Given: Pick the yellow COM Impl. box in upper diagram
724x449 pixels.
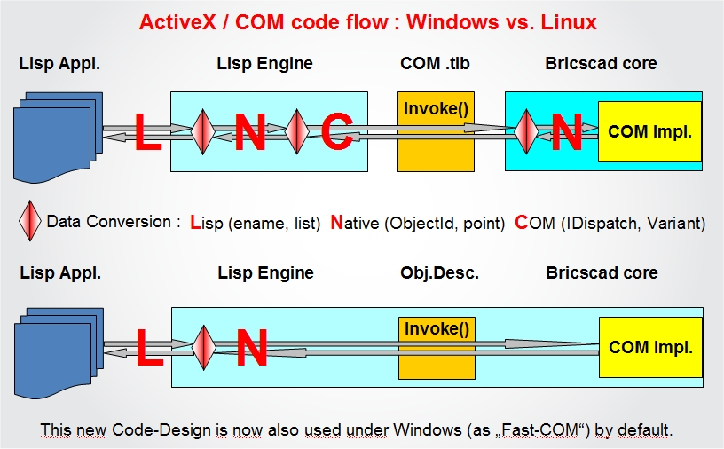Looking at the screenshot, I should [649, 131].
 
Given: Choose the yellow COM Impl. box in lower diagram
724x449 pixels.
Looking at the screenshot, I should [649, 348].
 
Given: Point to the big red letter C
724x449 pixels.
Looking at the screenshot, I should [337, 132].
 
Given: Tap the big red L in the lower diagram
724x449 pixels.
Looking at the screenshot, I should [149, 348].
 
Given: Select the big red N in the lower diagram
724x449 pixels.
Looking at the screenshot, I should [251, 348].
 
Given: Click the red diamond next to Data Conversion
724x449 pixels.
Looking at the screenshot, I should [31, 222].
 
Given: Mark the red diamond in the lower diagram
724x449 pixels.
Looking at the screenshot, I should [203, 348].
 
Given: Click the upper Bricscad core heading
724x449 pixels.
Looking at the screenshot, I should [602, 63].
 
